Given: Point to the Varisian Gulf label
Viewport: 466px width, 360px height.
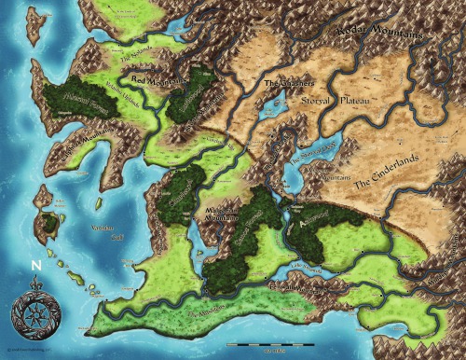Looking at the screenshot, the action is (x=103, y=228).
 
